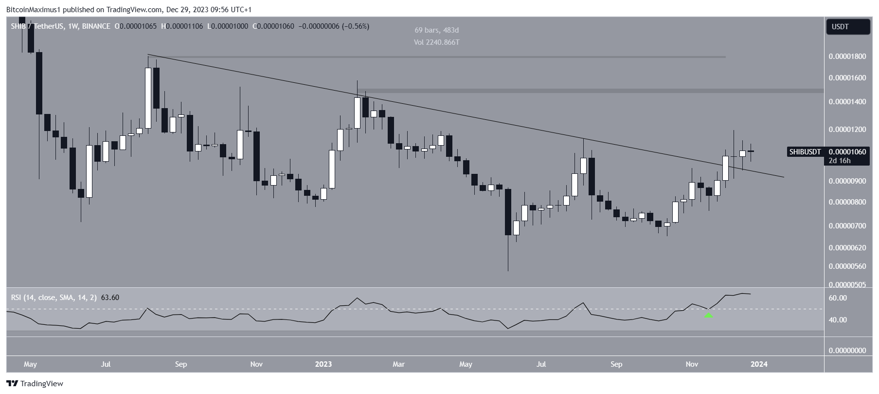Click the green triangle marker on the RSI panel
pyautogui.click(x=709, y=315)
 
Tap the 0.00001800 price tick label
pyautogui.click(x=847, y=56)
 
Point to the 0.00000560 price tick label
pyautogui.click(x=847, y=266)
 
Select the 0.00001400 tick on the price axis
pyautogui.click(x=847, y=102)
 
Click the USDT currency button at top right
pyautogui.click(x=847, y=27)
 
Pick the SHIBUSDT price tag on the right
pyautogui.click(x=805, y=152)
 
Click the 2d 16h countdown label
pyautogui.click(x=839, y=161)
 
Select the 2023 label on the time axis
pyautogui.click(x=323, y=364)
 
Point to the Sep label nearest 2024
pyautogui.click(x=616, y=364)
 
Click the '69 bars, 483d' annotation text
pyautogui.click(x=436, y=30)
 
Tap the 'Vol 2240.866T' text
pyautogui.click(x=436, y=42)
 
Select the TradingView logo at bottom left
pyautogui.click(x=35, y=383)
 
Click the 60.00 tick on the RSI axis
pyautogui.click(x=838, y=298)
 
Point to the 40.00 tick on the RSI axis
pyautogui.click(x=838, y=320)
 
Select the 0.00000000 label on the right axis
pyautogui.click(x=847, y=351)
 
